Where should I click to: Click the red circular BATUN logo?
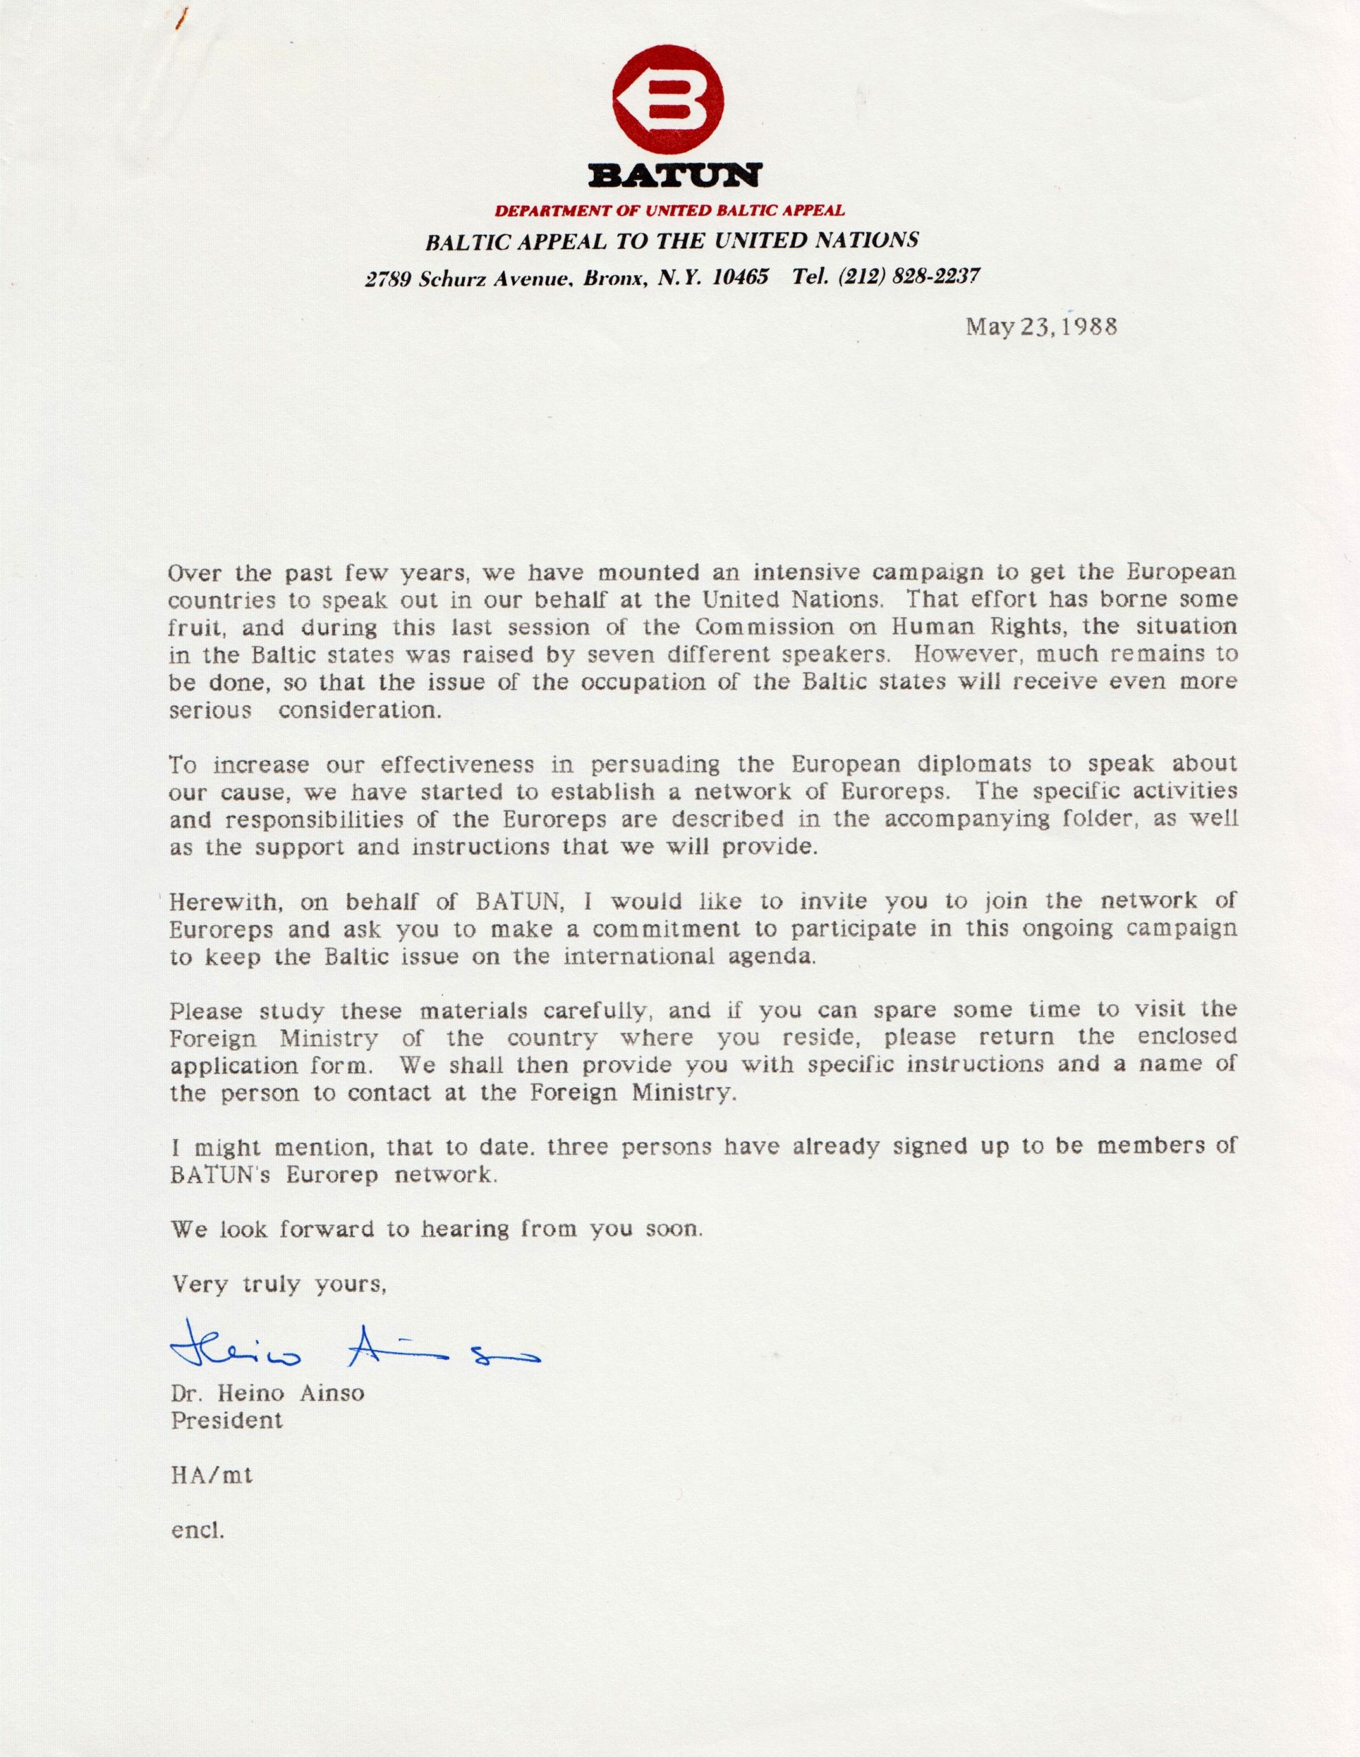click(x=668, y=102)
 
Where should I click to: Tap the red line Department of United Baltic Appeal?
click(x=669, y=211)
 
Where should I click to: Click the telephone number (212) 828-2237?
click(x=908, y=277)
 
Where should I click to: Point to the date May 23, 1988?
click(x=1041, y=327)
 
